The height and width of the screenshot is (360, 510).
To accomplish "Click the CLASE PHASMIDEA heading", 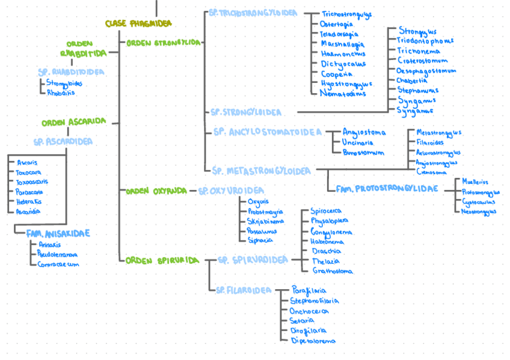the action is point(138,23).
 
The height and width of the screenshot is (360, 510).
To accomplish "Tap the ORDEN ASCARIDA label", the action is point(73,122).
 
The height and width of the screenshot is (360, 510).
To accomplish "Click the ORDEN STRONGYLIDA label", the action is point(163,43).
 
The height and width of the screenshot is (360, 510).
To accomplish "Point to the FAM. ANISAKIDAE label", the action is point(58,233).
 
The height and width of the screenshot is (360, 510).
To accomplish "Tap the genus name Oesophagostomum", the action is point(426,70).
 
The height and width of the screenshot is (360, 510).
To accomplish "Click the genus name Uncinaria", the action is point(358,143).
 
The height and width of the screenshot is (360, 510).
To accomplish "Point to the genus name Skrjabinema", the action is point(266,221).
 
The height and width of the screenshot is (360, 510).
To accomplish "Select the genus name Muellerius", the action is point(475,182).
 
